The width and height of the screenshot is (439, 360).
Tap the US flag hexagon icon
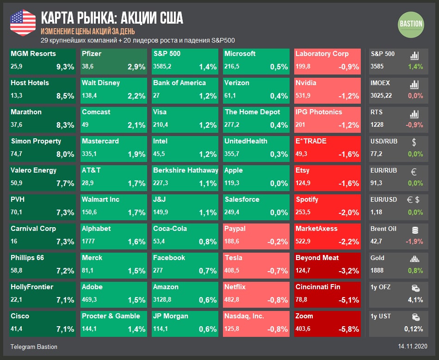pos(23,22)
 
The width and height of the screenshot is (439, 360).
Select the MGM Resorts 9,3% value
pos(65,67)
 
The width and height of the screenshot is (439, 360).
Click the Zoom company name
pos(304,316)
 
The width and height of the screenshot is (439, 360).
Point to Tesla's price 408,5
pos(232,271)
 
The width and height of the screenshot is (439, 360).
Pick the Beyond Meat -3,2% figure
pos(349,271)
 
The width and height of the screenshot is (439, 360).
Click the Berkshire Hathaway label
pos(185,170)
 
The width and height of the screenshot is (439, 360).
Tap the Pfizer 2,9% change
pos(136,67)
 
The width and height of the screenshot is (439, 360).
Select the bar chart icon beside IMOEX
pos(414,85)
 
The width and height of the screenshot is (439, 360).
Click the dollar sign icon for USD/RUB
pos(414,143)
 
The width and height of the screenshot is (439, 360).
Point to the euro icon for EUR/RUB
pos(414,172)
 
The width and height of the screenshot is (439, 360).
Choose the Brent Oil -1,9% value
pos(414,242)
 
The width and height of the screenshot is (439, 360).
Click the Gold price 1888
pos(377,271)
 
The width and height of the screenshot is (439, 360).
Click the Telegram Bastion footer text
pos(34,347)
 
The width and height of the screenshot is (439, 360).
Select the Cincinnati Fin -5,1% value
pos(349,300)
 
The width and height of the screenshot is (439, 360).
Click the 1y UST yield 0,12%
pos(413,329)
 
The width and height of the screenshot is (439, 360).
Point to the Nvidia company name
pos(306,83)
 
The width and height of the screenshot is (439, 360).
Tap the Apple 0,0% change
pos(278,184)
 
